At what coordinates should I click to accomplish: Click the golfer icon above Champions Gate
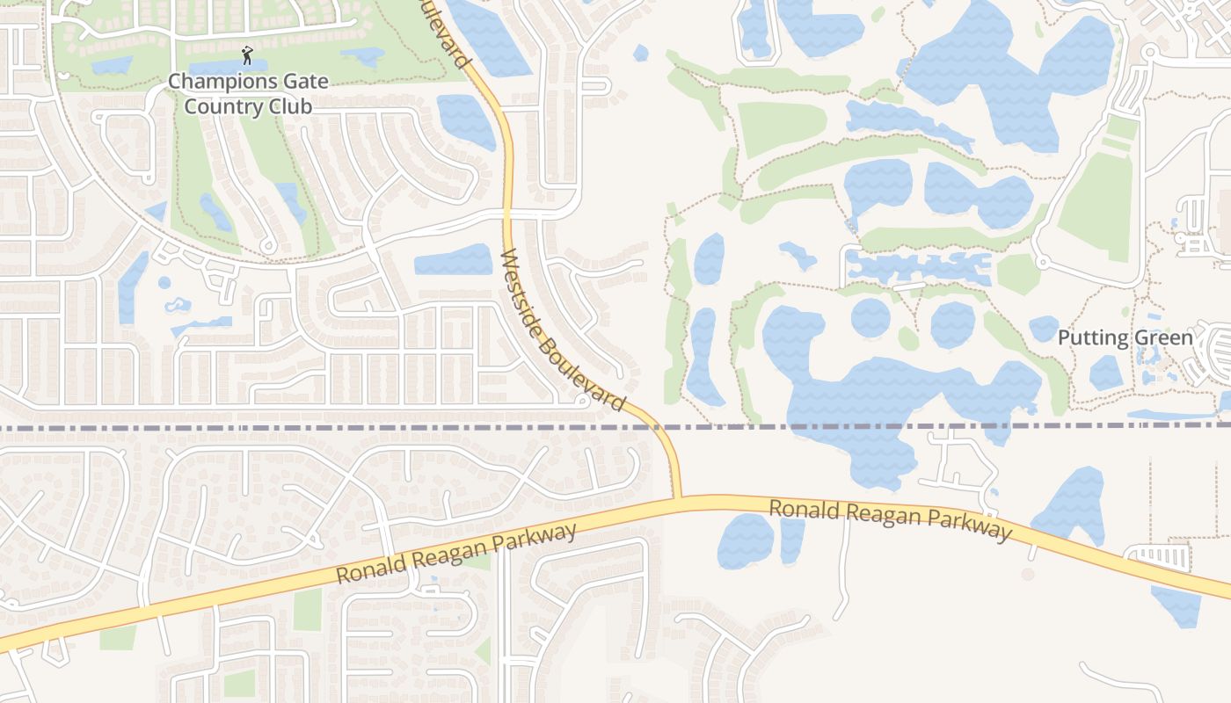pyautogui.click(x=247, y=58)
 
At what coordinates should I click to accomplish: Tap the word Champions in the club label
pyautogui.click(x=215, y=82)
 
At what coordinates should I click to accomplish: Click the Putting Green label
pyautogui.click(x=1125, y=338)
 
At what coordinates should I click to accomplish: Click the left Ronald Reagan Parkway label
pyautogui.click(x=457, y=554)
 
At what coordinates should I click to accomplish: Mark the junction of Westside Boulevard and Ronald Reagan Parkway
pyautogui.click(x=677, y=498)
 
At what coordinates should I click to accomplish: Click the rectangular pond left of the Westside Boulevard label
pyautogui.click(x=453, y=260)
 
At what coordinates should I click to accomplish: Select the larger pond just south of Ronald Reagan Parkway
pyautogui.click(x=746, y=540)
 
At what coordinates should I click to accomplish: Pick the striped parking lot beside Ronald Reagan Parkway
pyautogui.click(x=1158, y=556)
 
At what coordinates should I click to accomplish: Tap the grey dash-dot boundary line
pyautogui.click(x=264, y=427)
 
